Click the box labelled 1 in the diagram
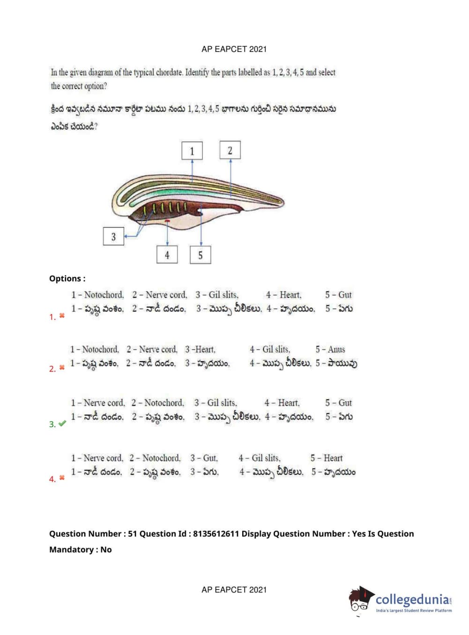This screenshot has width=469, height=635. point(192,151)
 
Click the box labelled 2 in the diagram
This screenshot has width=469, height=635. point(230,150)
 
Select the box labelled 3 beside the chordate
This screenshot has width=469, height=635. point(113,236)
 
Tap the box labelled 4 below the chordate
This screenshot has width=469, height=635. point(167,255)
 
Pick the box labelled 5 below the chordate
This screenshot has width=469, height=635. point(200,255)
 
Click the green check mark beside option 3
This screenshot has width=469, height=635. point(62,423)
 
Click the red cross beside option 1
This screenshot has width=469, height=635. point(62,316)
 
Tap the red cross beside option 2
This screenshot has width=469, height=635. point(62,368)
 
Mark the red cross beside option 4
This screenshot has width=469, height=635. point(62,478)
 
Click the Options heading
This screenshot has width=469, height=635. point(67,279)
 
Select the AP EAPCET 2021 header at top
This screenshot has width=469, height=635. point(234,49)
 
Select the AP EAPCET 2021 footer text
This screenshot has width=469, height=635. point(234,590)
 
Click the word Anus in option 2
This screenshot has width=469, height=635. point(336,349)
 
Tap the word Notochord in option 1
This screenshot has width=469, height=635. point(104,295)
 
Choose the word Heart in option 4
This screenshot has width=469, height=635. point(333,458)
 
